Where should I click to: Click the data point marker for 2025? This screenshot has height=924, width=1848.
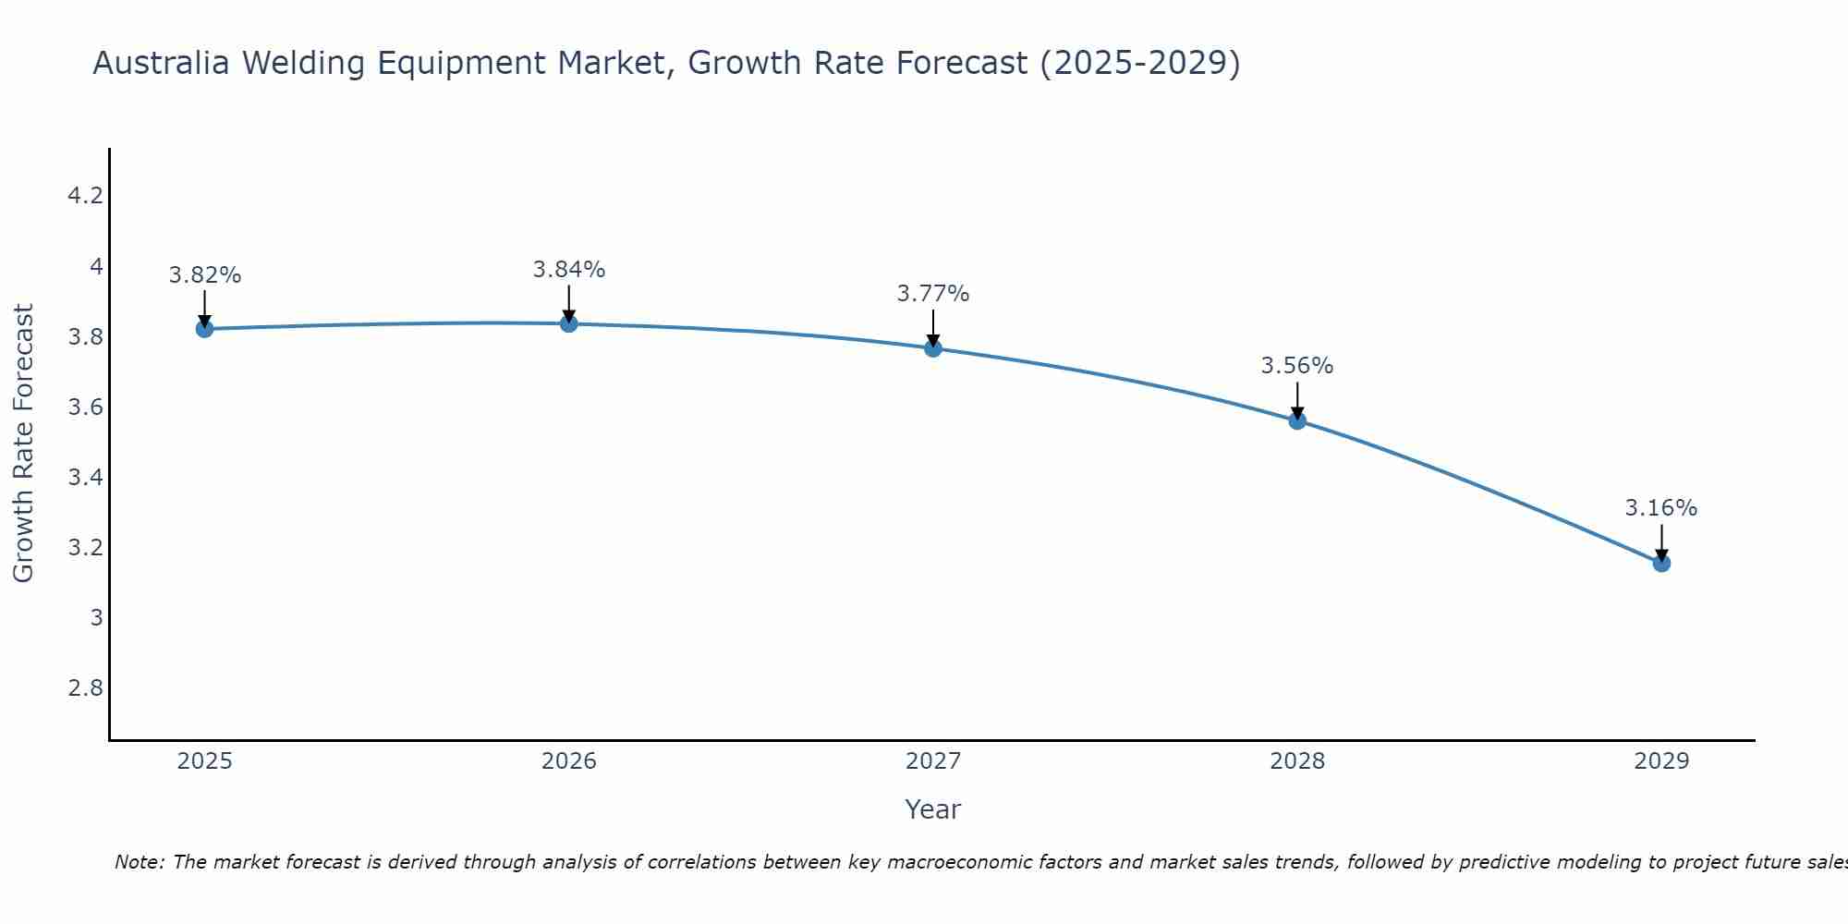pos(205,329)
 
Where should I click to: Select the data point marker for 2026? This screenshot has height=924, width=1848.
pos(569,323)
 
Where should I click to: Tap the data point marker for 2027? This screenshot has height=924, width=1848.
pos(933,348)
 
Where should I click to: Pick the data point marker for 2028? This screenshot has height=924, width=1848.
pos(1297,421)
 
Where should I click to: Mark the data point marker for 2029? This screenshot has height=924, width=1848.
pos(1661,563)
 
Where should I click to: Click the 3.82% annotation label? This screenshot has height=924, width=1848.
pos(205,275)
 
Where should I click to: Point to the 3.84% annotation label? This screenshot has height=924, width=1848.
pos(569,270)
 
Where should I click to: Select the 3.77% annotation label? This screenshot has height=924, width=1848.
pos(933,294)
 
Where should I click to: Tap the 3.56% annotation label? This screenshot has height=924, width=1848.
pos(1297,366)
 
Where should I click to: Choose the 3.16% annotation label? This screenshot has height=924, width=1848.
pos(1661,508)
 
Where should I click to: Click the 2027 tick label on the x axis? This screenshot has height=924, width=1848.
pos(933,761)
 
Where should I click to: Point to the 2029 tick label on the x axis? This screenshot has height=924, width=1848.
pos(1661,761)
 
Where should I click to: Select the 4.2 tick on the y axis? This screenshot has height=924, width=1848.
pos(85,196)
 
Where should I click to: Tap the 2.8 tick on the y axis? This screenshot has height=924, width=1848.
pos(85,688)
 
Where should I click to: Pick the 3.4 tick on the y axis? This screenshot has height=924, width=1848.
pos(85,478)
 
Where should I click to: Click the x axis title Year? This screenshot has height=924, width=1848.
pos(933,809)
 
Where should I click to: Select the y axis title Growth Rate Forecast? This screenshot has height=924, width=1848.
pos(23,444)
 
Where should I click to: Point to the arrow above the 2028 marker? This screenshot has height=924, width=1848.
pos(1297,399)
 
